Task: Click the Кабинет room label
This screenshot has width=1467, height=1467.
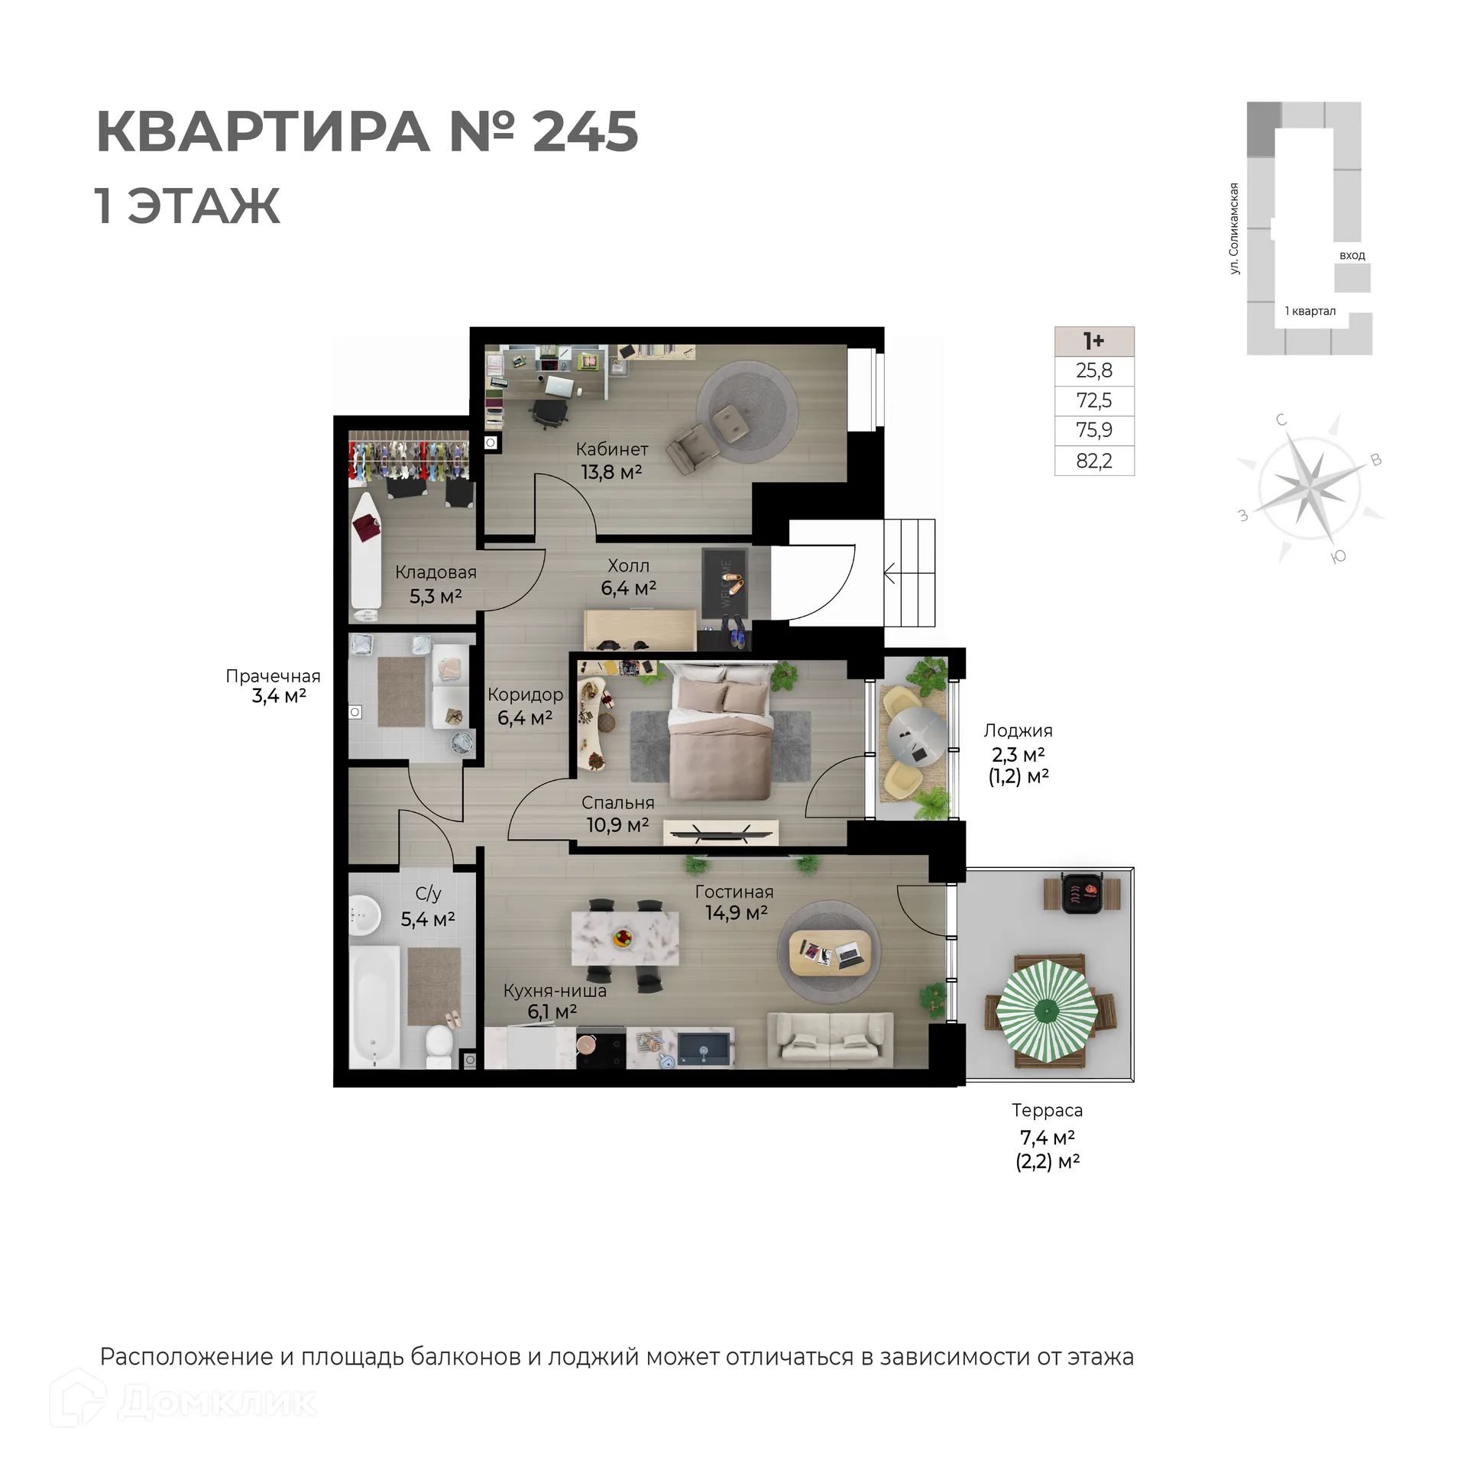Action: pos(611,449)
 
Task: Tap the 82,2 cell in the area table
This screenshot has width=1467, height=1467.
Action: pos(1093,461)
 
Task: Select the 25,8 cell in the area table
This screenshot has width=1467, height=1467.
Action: pos(1093,371)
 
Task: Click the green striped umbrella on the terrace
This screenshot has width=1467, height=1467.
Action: pos(1048,1011)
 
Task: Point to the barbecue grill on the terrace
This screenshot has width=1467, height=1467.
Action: pos(1081,892)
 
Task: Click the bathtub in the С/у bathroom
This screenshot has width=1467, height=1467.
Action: pos(374,1006)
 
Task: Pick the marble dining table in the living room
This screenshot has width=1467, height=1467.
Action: pos(625,938)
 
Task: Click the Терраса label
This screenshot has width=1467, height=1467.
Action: pos(1047,1110)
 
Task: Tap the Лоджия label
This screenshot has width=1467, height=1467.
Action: pos(1018,730)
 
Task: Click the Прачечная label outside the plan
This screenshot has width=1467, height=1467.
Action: pos(273,676)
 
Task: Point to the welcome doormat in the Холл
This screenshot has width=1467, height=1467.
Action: pos(724,583)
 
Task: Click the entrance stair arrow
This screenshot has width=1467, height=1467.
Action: pos(890,572)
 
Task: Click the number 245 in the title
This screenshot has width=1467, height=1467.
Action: pos(585,132)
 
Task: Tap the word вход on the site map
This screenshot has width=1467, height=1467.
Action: pos(1352,255)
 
